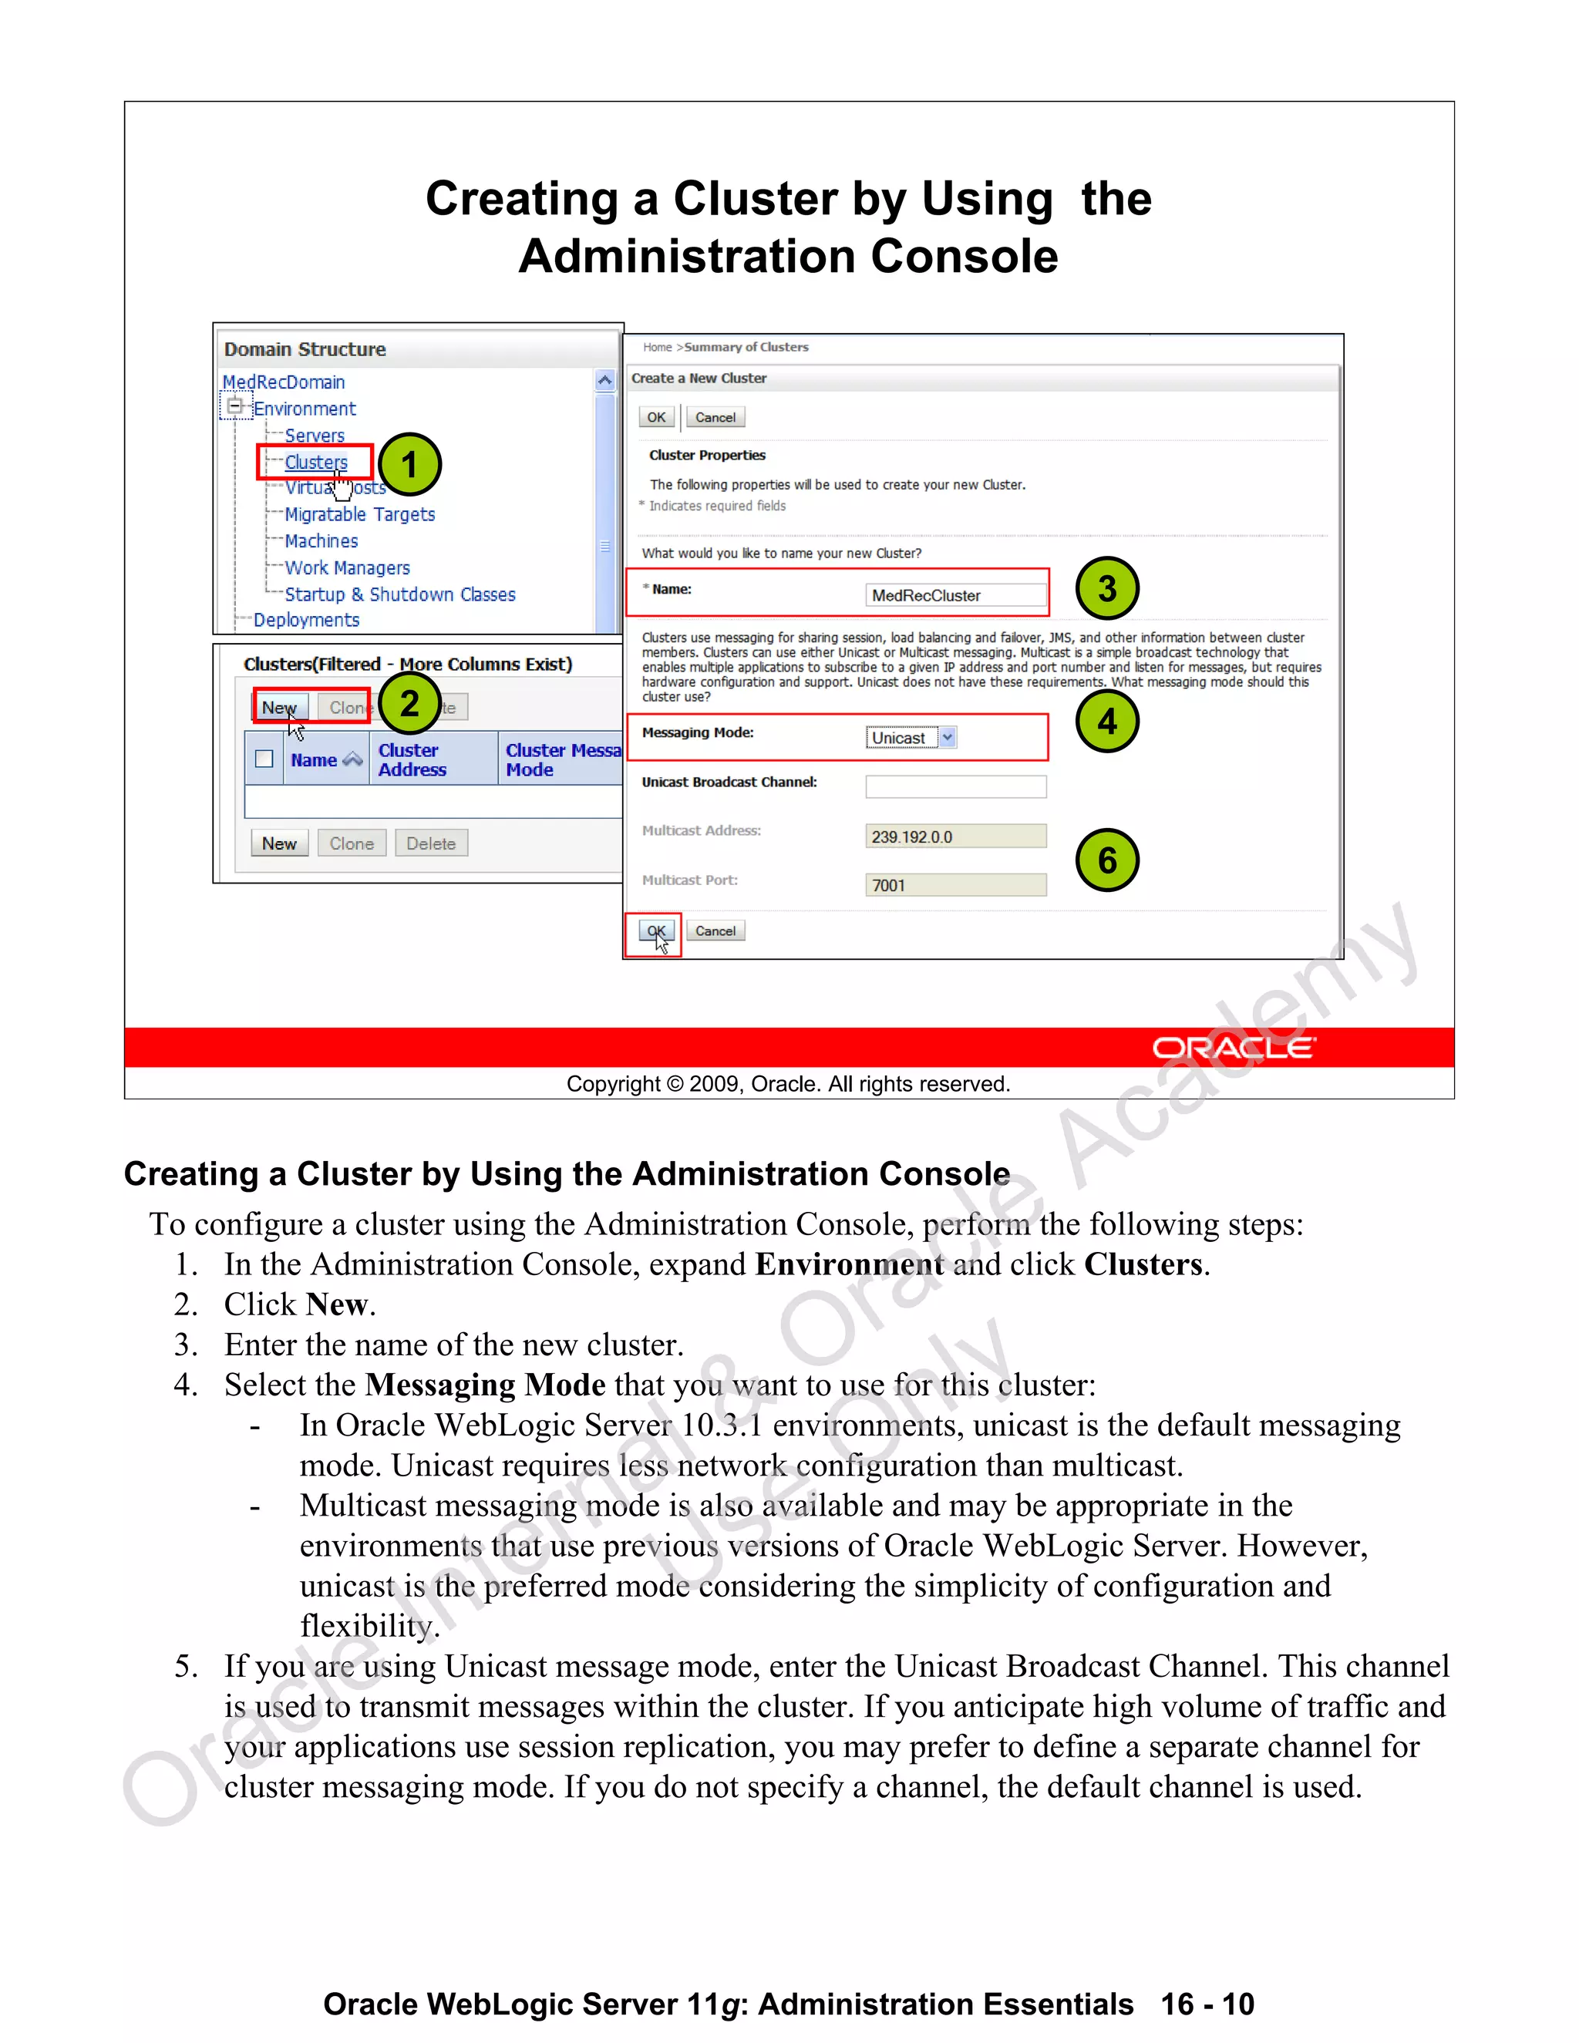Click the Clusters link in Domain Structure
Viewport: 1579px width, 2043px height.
(315, 462)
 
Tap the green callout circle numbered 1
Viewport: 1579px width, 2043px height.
(409, 465)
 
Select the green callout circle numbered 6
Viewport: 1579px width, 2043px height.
(1106, 860)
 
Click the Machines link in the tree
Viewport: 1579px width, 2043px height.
(321, 540)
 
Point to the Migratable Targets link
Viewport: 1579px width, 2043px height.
(359, 514)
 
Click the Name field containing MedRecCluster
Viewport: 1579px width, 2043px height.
(955, 595)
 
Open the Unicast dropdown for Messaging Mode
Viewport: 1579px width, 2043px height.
(948, 737)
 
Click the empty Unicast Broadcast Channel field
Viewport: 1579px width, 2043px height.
(955, 786)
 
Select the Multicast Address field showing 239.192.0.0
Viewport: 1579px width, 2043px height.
(955, 836)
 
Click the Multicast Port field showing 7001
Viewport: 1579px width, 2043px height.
(955, 885)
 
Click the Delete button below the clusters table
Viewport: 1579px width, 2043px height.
(430, 843)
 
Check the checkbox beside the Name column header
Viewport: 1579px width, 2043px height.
(264, 759)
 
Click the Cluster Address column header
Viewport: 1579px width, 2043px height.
(412, 759)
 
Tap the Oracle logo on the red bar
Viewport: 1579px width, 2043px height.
(1233, 1048)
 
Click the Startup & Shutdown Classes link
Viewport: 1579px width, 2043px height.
(399, 594)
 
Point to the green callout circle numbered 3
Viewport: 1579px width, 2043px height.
(1106, 588)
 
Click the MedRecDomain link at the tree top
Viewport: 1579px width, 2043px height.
(284, 382)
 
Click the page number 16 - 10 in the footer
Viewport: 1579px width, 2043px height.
(1207, 2004)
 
